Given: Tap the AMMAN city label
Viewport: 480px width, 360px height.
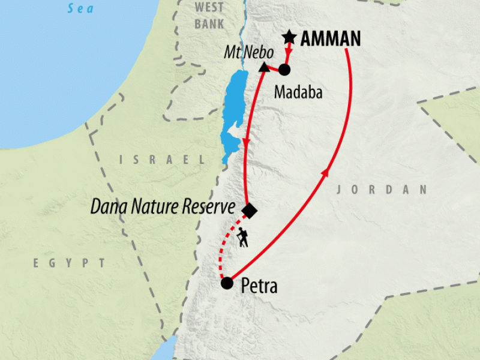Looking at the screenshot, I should (x=331, y=40).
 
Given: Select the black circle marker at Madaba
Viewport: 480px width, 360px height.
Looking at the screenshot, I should (x=284, y=70).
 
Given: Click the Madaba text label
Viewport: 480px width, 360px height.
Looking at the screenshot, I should (x=298, y=92).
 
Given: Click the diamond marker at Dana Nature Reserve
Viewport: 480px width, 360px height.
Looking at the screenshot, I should (x=249, y=211).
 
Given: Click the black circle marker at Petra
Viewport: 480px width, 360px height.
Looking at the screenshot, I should (x=227, y=283).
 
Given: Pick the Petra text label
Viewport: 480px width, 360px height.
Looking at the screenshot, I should (x=259, y=286).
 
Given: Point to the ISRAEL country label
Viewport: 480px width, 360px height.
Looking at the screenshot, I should (x=161, y=160).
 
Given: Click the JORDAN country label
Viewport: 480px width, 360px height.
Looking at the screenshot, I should (x=382, y=190).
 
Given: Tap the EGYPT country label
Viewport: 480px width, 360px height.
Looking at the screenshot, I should (x=69, y=263).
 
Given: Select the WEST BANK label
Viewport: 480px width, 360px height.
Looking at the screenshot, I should (x=209, y=16).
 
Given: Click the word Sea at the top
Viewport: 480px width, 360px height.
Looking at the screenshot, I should (x=82, y=8).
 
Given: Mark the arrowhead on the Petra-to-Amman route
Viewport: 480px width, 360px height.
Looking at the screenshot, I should (x=325, y=173).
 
